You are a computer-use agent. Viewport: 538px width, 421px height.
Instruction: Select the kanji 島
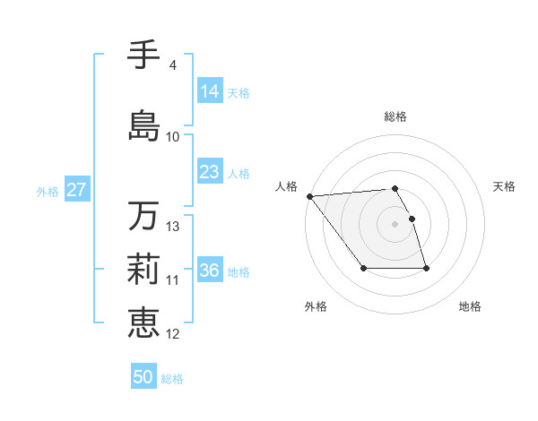coord(143,124)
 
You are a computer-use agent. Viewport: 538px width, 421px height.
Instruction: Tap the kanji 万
coord(143,216)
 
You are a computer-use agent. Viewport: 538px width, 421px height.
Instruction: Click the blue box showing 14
coord(210,91)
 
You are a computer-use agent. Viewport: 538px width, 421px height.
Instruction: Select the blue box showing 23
coord(210,172)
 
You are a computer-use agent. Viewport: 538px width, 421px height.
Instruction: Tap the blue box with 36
coord(210,271)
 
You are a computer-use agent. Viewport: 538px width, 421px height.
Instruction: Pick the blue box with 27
coord(76,190)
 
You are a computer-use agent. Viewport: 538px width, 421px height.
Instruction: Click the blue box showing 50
coord(143,377)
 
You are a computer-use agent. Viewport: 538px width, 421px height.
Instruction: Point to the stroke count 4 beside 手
coord(172,64)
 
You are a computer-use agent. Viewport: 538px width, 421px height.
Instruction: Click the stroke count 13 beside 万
coord(173,227)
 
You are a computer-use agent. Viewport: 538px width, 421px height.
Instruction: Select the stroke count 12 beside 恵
coord(173,334)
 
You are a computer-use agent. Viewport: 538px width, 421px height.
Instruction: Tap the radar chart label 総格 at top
coord(395,116)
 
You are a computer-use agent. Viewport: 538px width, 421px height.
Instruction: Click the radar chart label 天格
coord(505,186)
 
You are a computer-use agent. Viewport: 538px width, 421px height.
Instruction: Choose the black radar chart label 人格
coord(286,186)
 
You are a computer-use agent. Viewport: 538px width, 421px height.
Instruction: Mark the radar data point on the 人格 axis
coord(309,196)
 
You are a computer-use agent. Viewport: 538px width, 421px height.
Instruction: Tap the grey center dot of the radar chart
coord(395,224)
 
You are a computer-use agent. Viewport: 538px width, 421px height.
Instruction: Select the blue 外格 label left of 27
coord(48,191)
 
